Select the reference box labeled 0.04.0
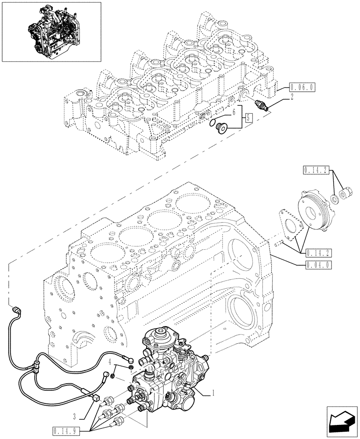(317, 264)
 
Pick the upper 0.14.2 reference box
(317, 170)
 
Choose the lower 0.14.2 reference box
(317, 252)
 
